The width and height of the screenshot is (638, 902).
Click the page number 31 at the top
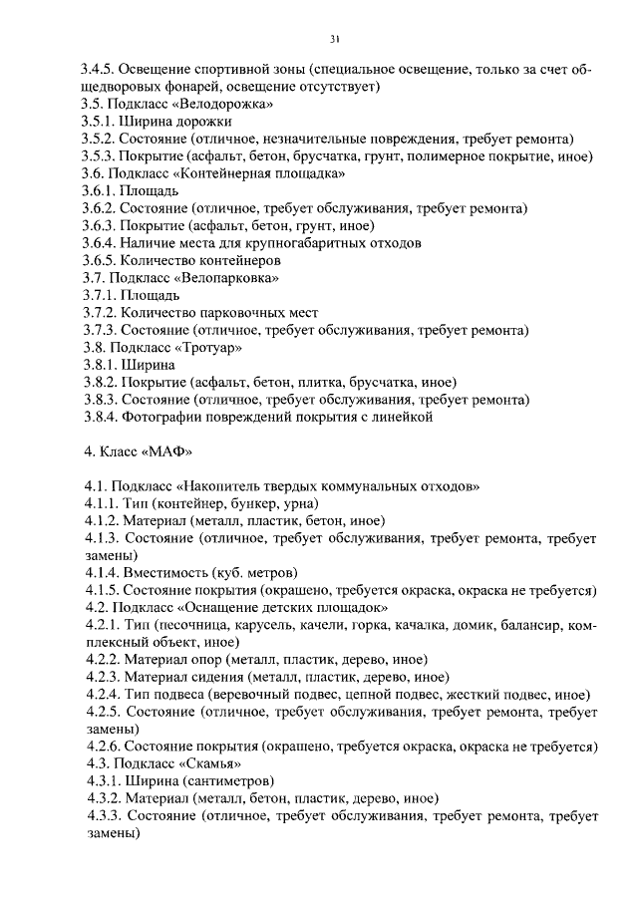334,39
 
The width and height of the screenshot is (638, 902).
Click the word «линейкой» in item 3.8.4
402,418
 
